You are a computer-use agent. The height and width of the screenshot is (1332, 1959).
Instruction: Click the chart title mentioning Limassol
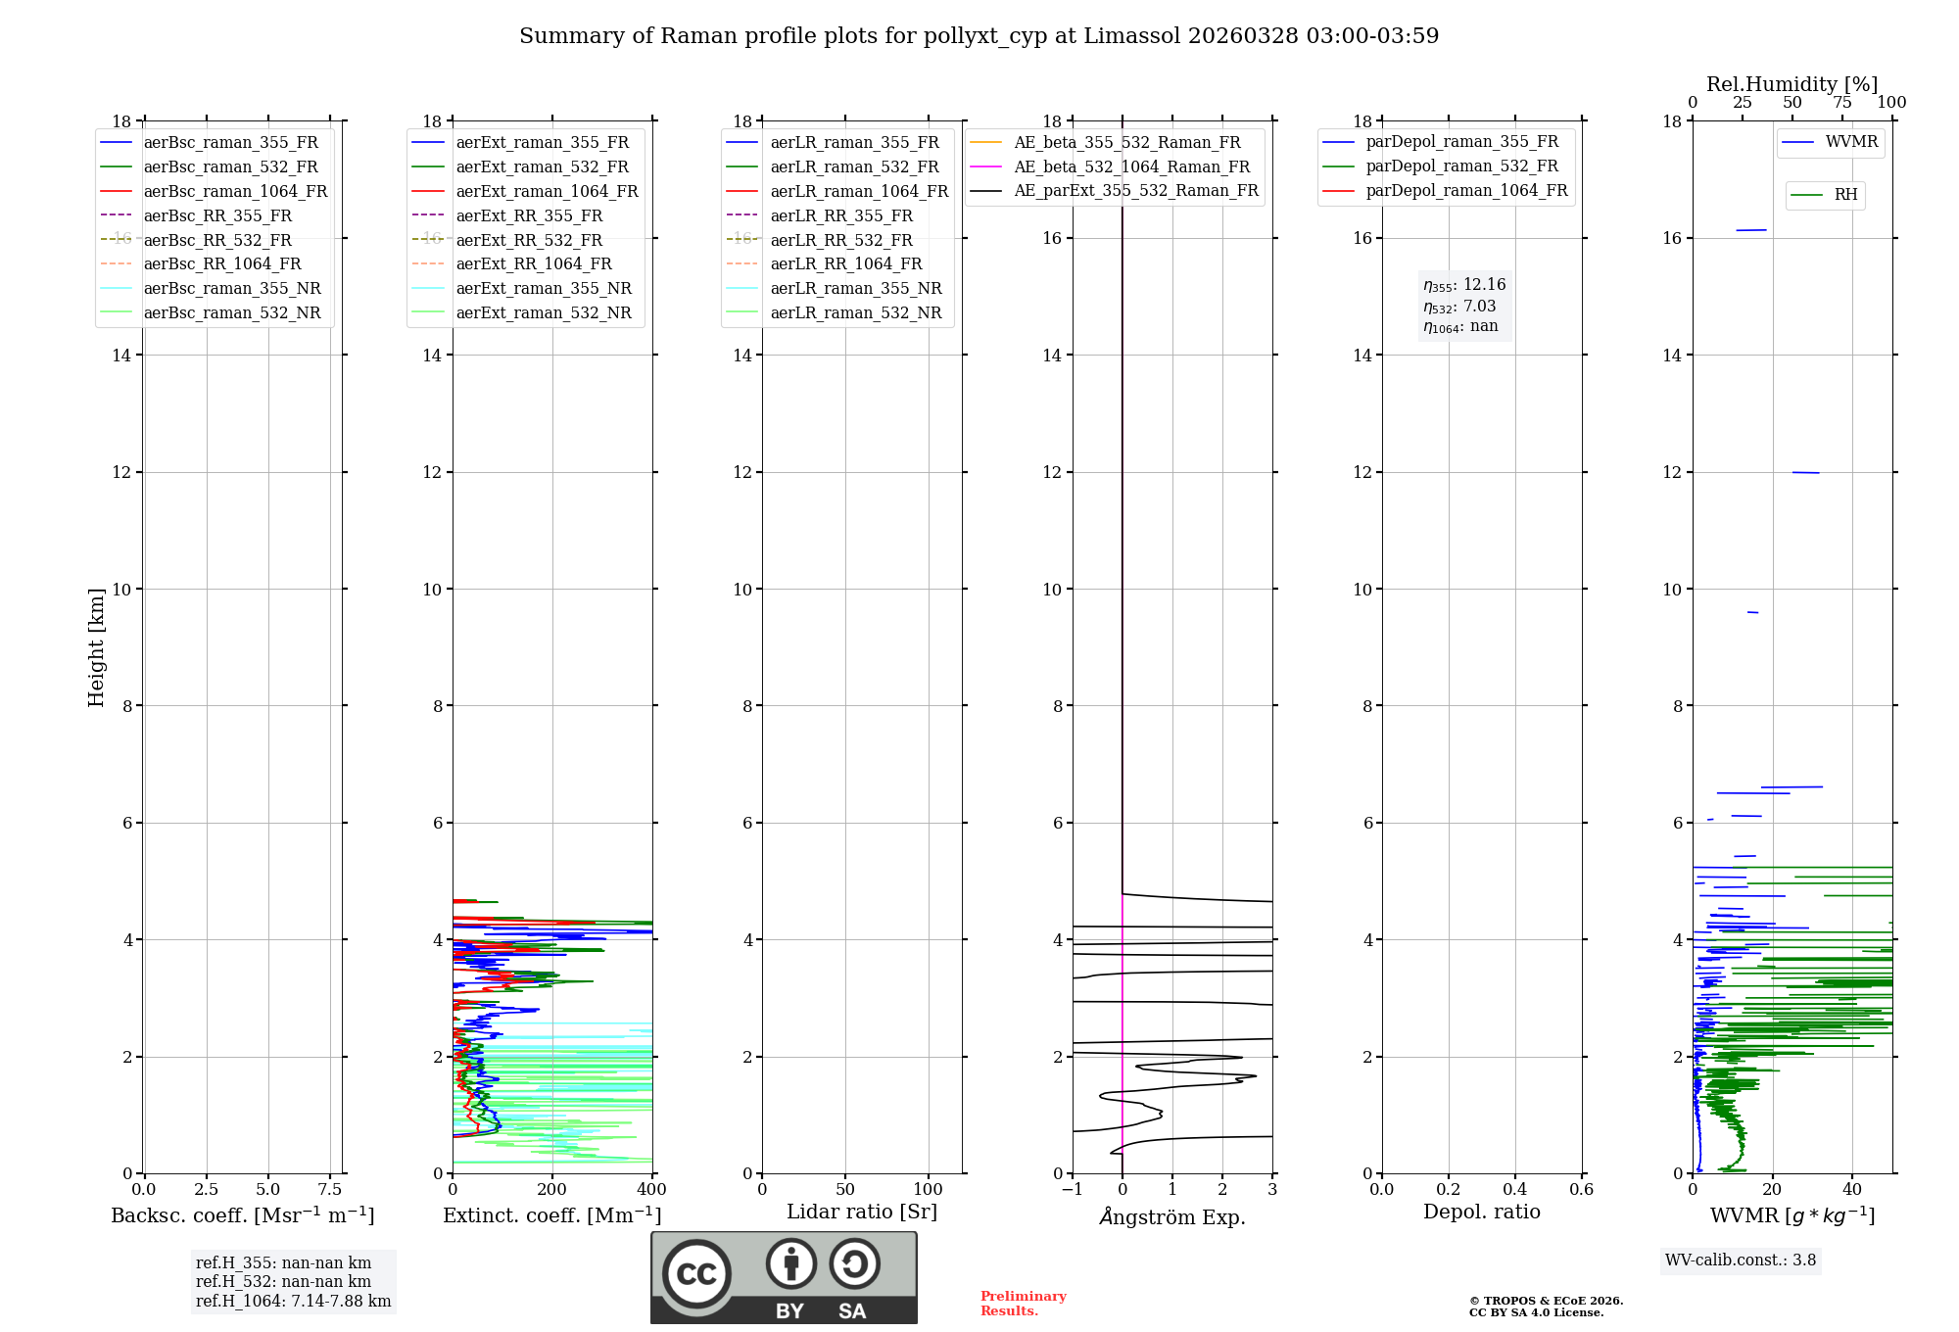point(979,36)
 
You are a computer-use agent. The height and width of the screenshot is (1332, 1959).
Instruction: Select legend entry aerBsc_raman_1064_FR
point(235,191)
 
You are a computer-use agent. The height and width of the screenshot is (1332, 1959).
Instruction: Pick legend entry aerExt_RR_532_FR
point(529,240)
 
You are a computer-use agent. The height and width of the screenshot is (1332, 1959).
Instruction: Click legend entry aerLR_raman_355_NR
point(855,288)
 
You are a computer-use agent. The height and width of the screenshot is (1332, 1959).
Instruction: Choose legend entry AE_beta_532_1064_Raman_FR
point(1131,166)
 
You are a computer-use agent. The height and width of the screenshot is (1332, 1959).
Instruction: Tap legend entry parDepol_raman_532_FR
point(1461,166)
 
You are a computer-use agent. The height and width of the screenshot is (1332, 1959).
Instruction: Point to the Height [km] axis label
point(96,647)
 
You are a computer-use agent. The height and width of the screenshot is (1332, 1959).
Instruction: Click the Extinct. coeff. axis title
point(551,1215)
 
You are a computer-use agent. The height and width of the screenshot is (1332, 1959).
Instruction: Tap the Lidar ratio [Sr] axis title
point(862,1212)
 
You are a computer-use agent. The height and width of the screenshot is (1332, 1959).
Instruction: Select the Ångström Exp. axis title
point(1172,1216)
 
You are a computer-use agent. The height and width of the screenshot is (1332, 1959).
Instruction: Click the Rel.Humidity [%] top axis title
point(1792,84)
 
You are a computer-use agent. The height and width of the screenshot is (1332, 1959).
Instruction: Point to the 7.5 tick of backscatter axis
point(330,1190)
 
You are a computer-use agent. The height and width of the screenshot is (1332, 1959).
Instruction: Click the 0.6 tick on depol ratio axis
point(1581,1190)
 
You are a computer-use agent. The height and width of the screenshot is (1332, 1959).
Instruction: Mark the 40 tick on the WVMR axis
point(1852,1190)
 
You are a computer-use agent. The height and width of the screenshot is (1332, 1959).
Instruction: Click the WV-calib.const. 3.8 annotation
point(1741,1261)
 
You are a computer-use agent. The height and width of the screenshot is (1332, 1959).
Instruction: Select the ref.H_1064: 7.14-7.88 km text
point(293,1302)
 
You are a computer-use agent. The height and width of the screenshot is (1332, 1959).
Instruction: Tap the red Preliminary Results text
point(1023,1304)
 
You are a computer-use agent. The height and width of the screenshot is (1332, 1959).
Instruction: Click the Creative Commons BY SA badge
point(784,1277)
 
